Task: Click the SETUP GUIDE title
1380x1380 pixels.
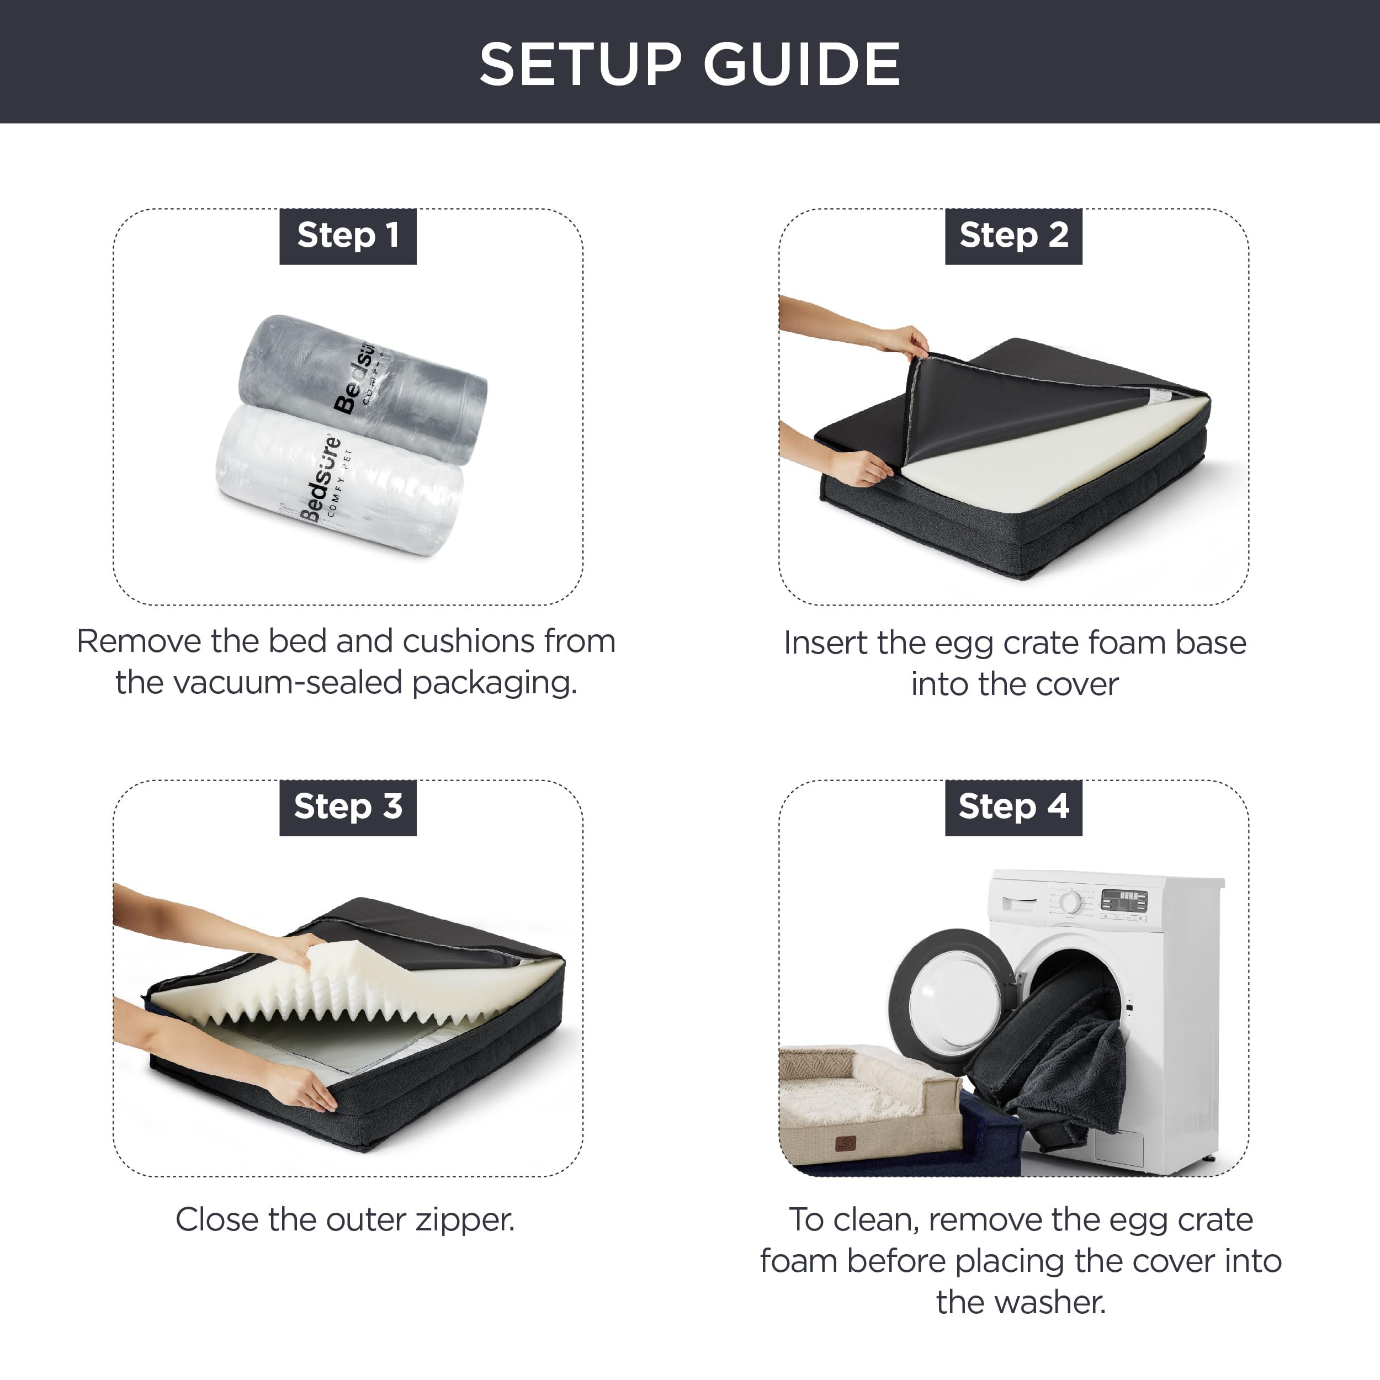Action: [x=689, y=64]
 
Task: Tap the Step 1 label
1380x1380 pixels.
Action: [x=348, y=236]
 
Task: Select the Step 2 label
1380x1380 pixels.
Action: [x=1013, y=236]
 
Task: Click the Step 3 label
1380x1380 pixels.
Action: [x=348, y=807]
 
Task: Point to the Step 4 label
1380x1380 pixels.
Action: [x=1013, y=807]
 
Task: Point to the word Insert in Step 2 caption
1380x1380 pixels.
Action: [x=826, y=643]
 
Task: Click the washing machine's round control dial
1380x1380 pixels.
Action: [x=1070, y=901]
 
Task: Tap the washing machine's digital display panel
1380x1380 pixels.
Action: [x=1123, y=901]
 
